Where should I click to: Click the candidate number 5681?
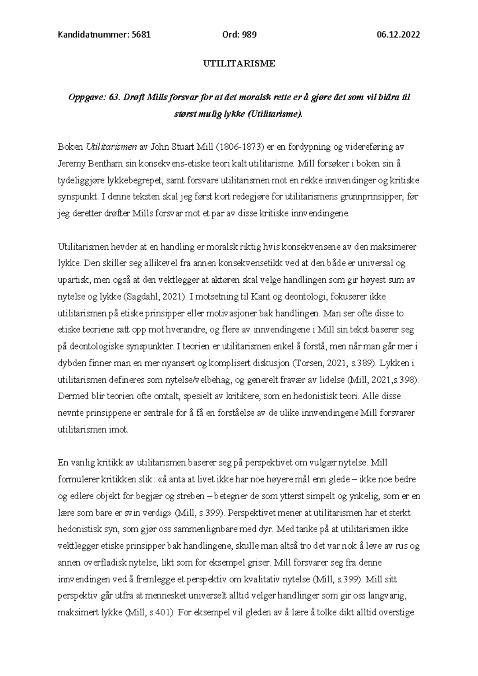pos(141,35)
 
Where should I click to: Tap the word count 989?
pos(249,35)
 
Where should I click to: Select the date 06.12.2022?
pos(398,35)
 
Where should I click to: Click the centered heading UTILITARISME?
pos(239,63)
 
